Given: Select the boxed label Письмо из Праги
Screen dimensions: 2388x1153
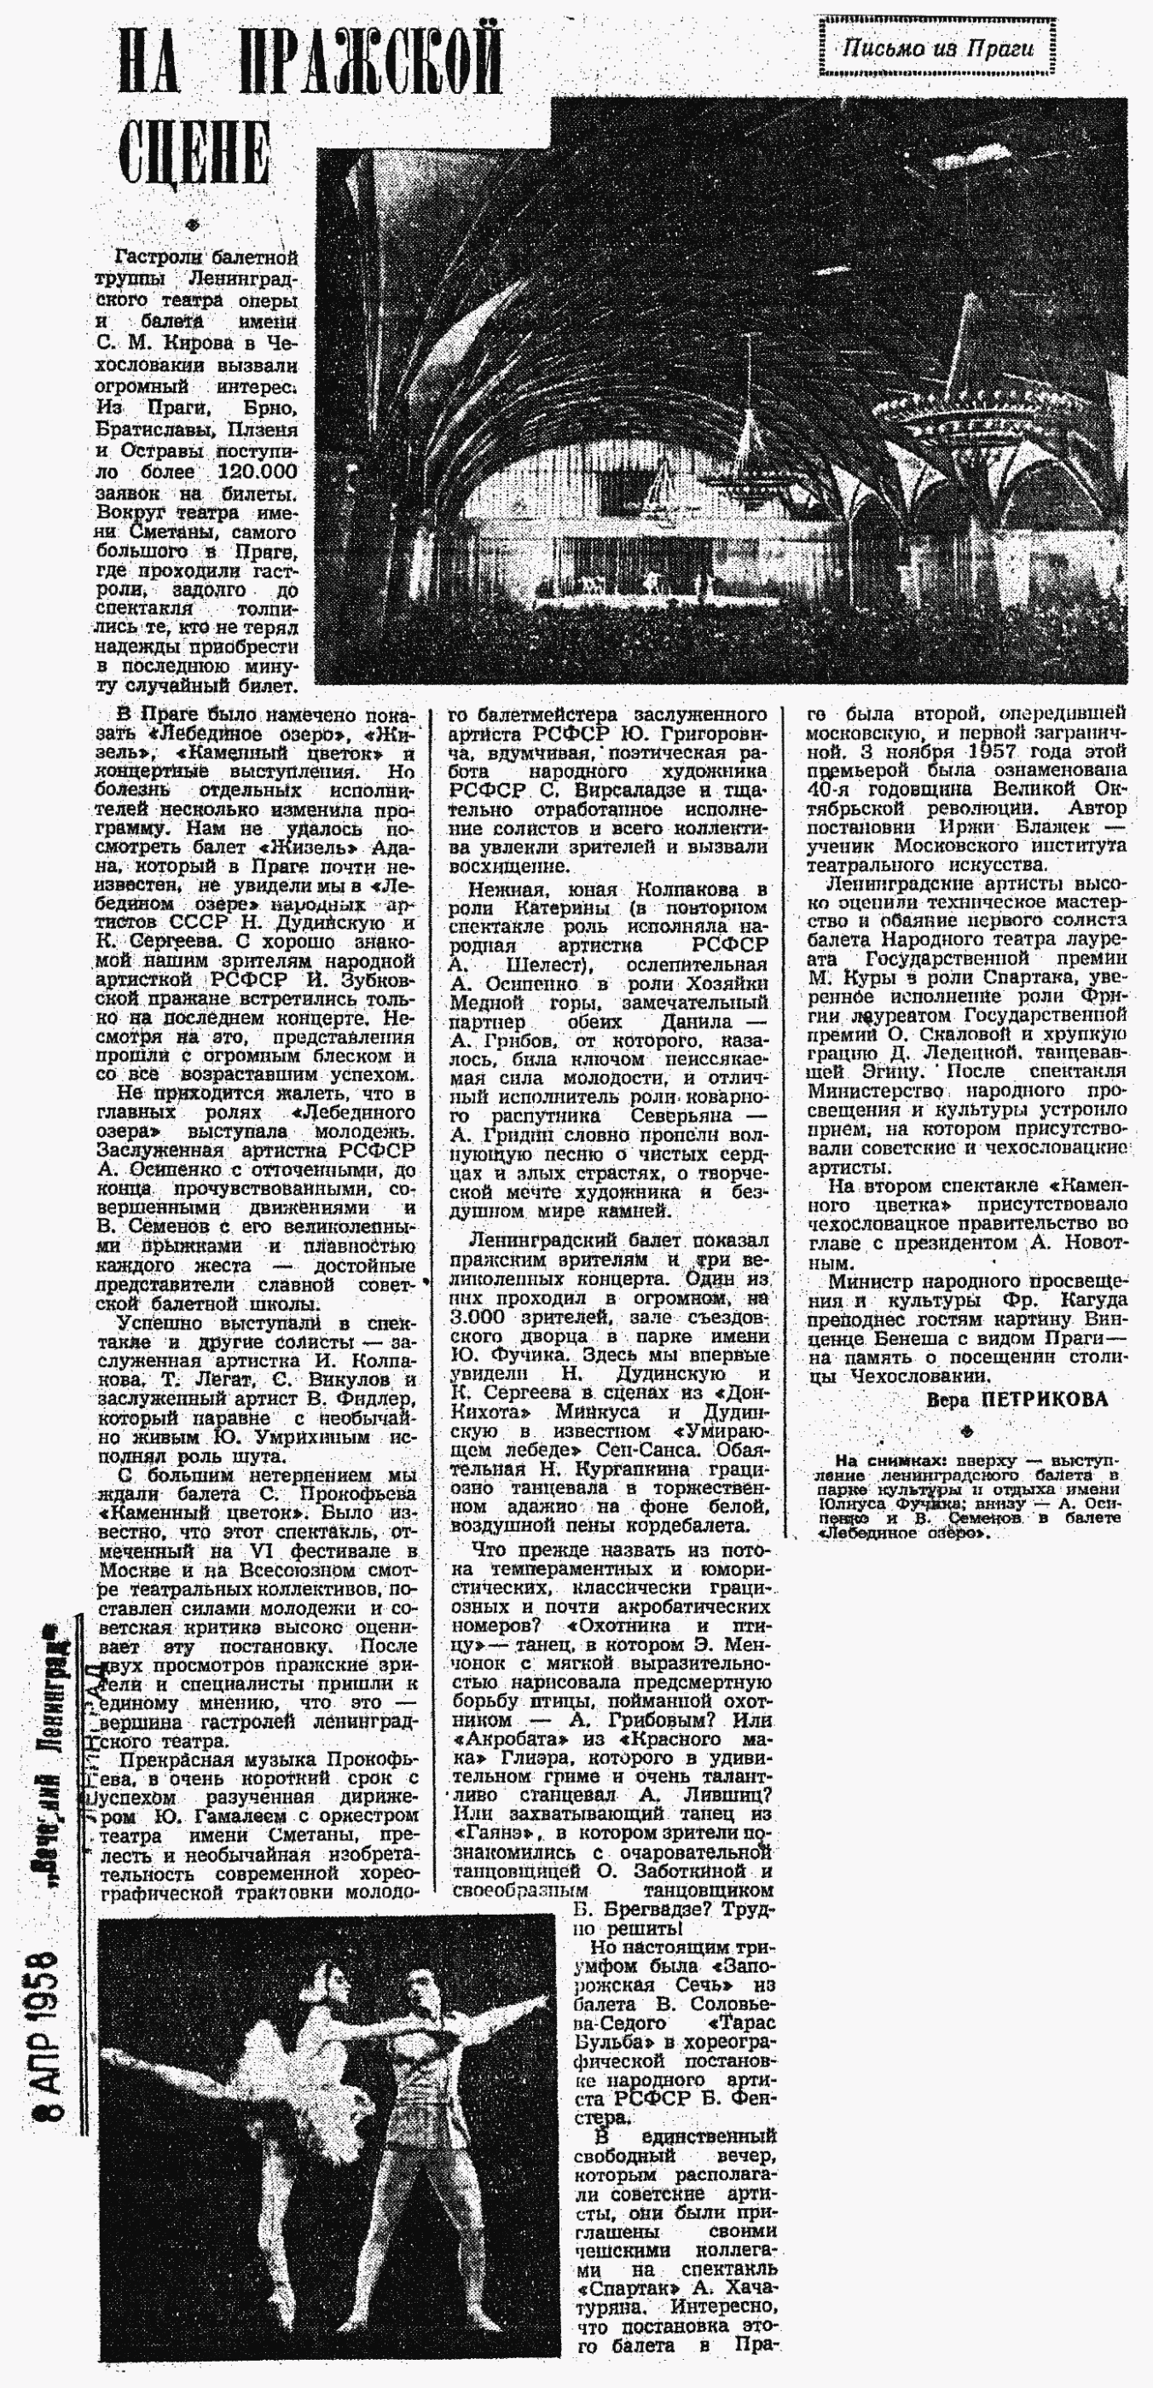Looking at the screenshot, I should pyautogui.click(x=937, y=46).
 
